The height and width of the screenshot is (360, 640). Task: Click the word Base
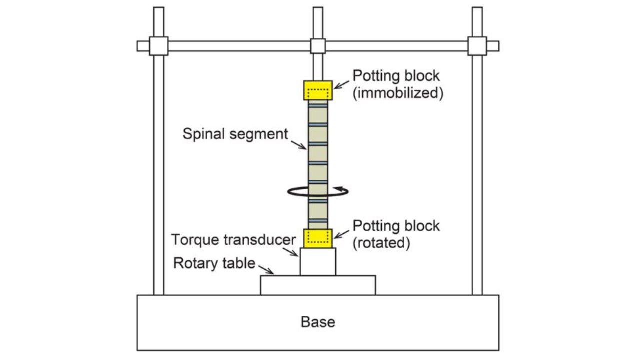(318, 322)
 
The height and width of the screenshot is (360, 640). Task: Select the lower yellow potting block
(318, 238)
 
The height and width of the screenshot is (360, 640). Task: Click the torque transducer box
(318, 261)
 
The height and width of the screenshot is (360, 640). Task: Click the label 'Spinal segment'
(235, 134)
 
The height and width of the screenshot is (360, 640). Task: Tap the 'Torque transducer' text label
(234, 240)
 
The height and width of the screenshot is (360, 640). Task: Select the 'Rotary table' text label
(214, 263)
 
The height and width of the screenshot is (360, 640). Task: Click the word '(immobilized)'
(398, 93)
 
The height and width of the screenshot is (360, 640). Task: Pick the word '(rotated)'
(381, 243)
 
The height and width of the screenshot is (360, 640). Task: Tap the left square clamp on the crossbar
(158, 46)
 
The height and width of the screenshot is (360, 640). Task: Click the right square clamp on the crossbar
(477, 46)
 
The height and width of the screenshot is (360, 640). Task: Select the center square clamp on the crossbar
(318, 46)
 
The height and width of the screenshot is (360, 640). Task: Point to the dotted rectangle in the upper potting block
(318, 93)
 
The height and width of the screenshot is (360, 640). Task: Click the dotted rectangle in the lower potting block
(318, 238)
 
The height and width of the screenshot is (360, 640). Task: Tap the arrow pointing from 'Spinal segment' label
(300, 144)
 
